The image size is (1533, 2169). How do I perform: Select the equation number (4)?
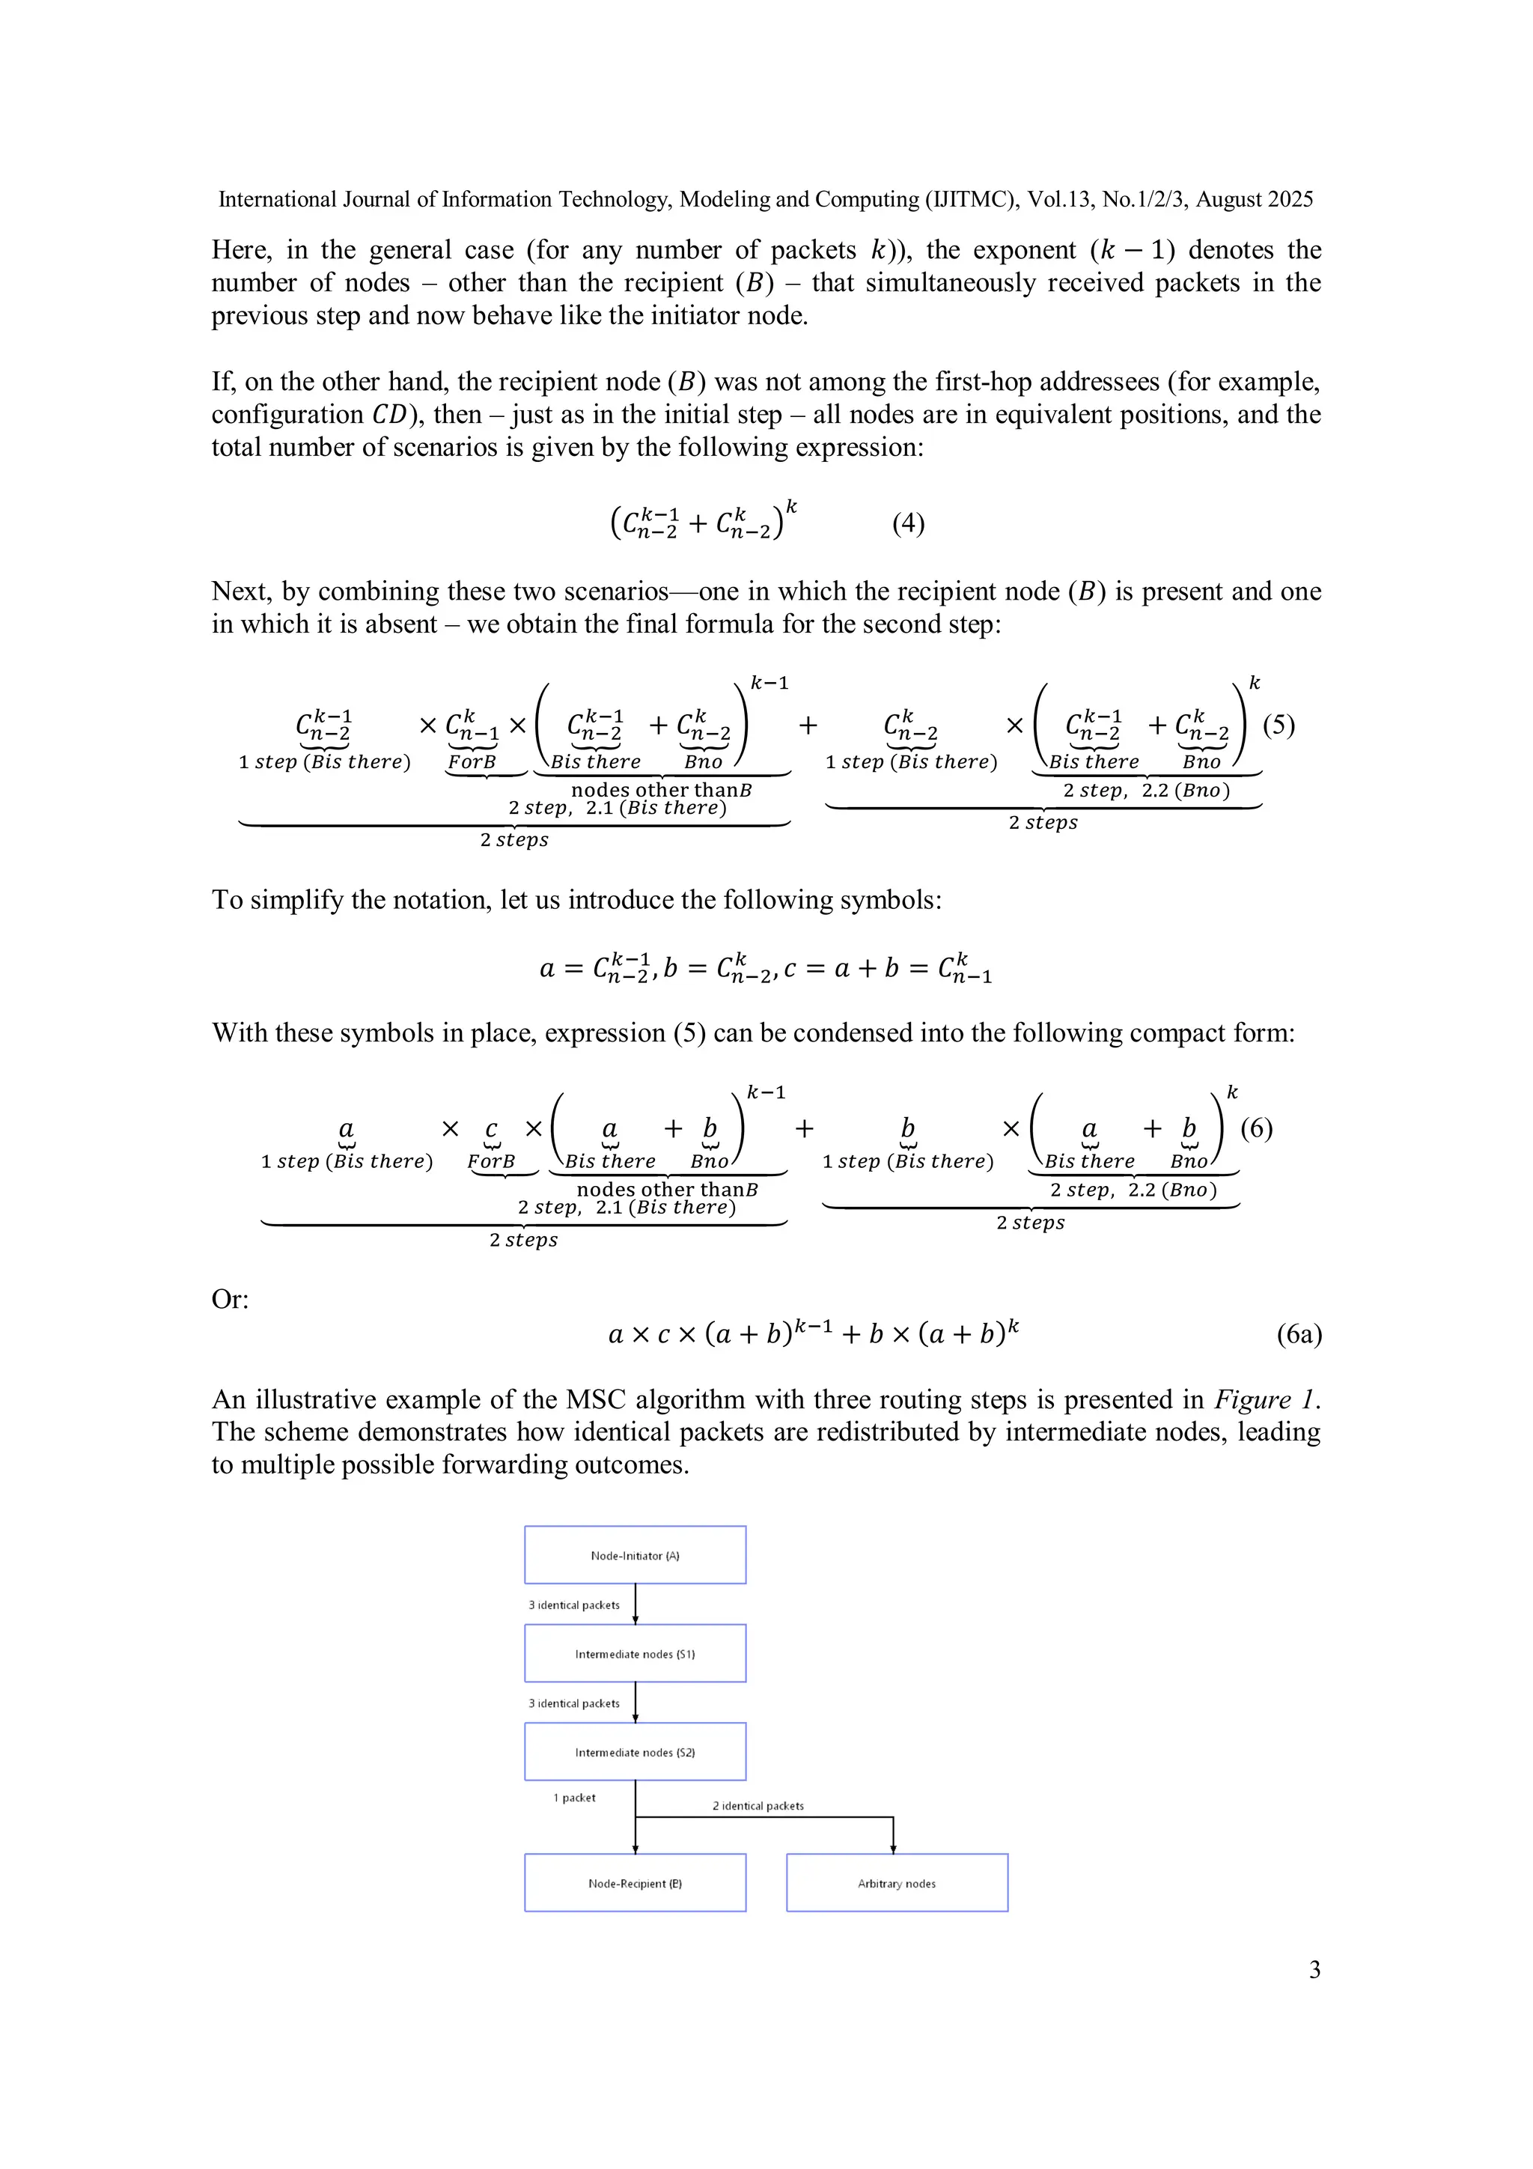(908, 523)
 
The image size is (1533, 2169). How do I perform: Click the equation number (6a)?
(1299, 1334)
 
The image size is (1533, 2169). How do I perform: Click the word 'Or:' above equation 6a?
(231, 1299)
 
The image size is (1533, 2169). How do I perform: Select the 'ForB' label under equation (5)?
(472, 761)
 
